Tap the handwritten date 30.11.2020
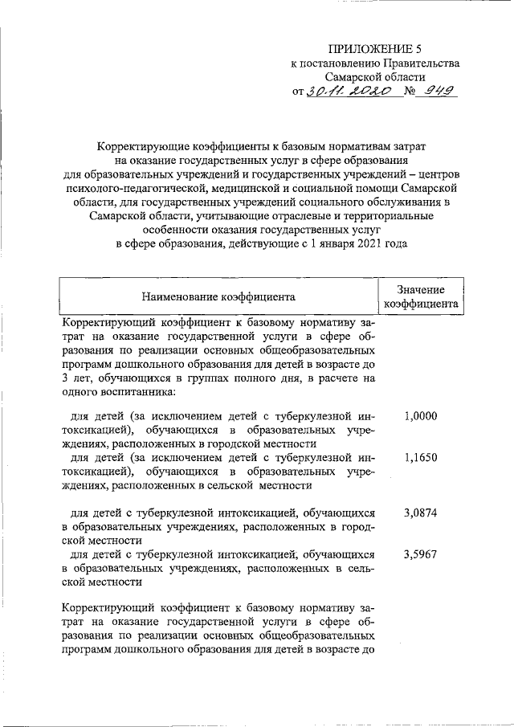(350, 92)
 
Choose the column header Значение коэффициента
(421, 296)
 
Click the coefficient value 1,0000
(421, 416)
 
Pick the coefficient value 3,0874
(421, 512)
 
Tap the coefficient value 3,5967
(421, 553)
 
